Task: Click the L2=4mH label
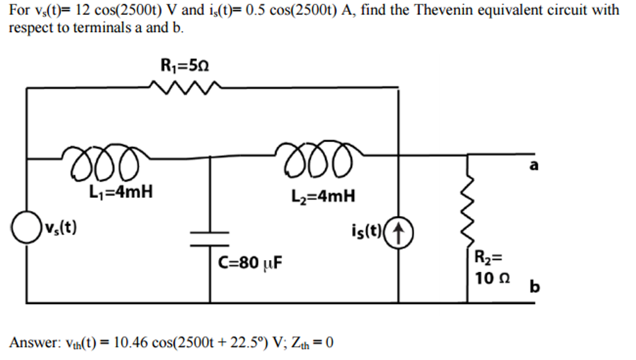coord(323,197)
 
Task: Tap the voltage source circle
coord(25,228)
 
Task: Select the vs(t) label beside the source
coord(60,228)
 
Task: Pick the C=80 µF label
coord(250,263)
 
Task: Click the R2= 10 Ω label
coord(491,268)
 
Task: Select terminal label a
coord(534,165)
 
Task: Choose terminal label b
coord(534,287)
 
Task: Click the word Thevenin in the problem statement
coord(457,10)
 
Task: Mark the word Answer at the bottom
coord(33,342)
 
